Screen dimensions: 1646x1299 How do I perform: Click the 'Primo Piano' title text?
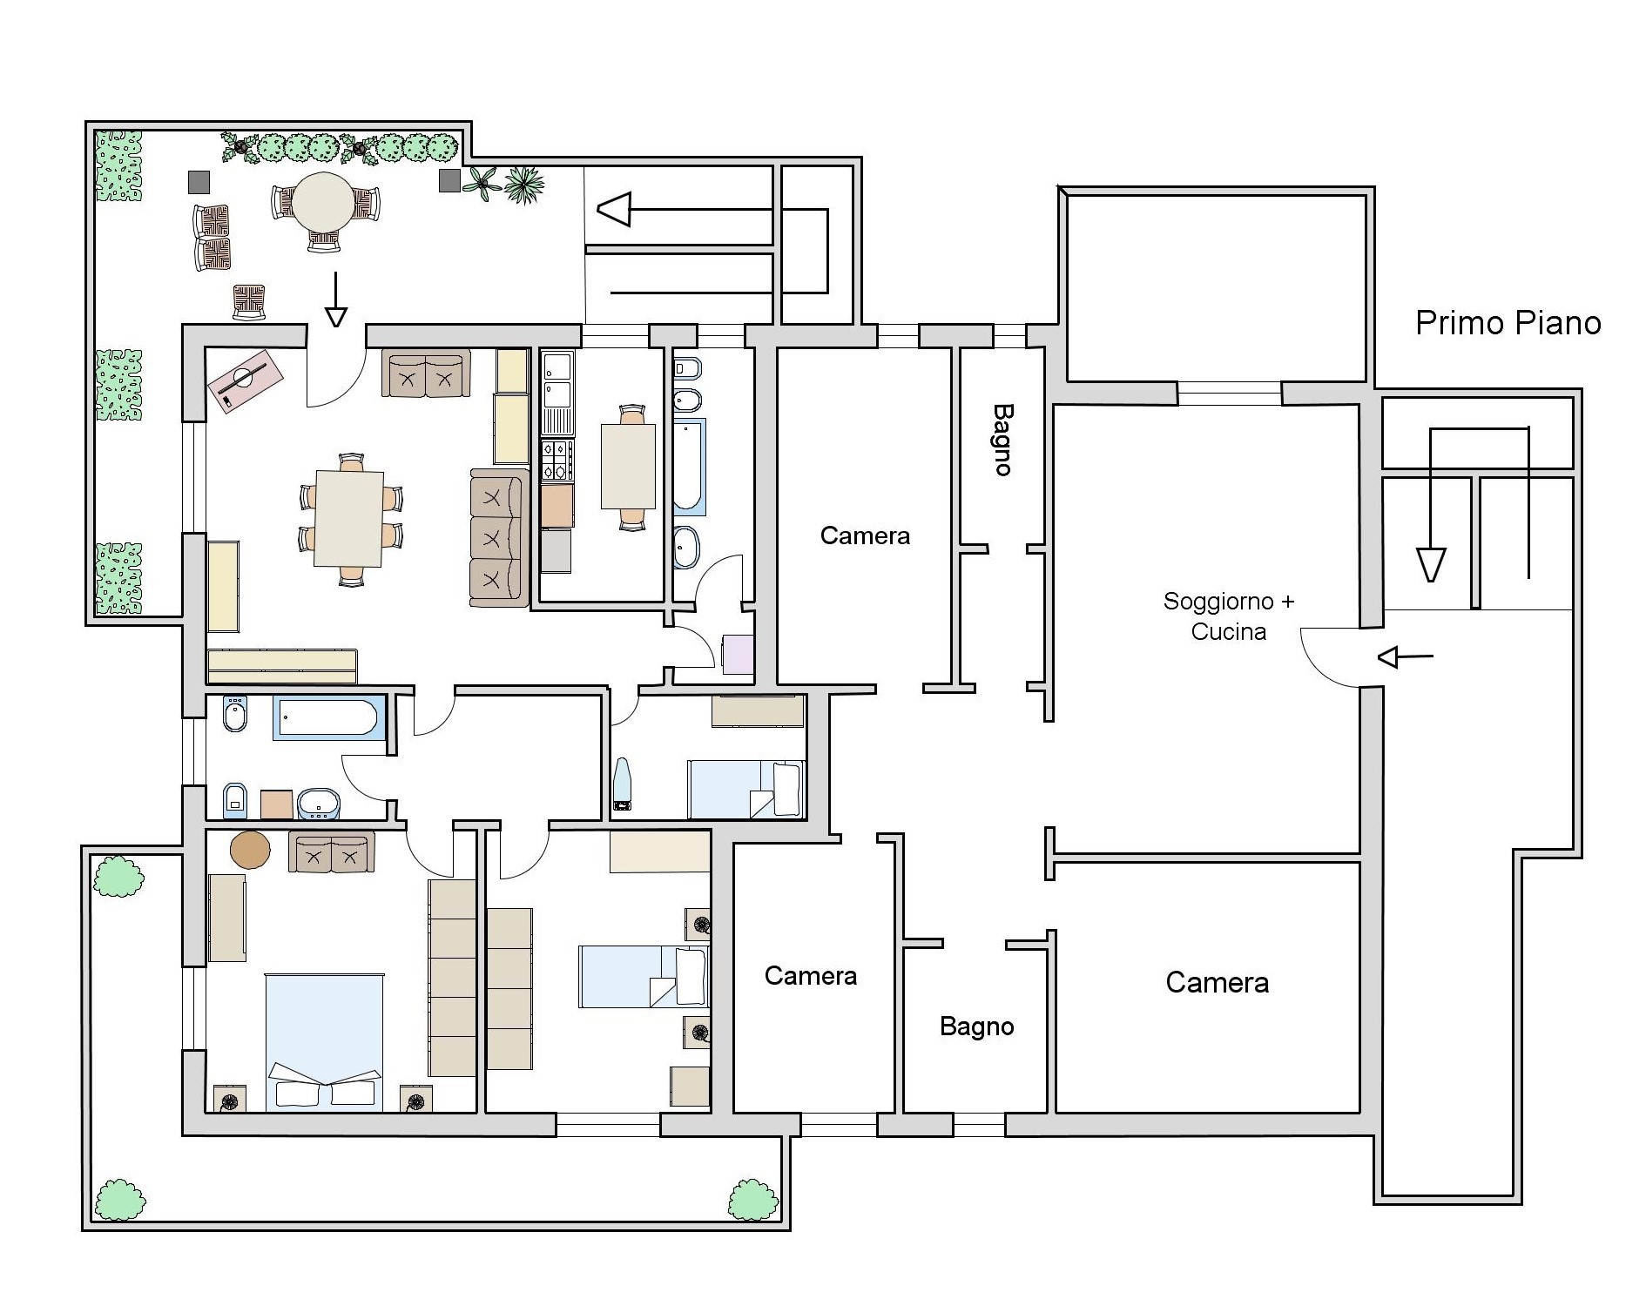pos(1508,323)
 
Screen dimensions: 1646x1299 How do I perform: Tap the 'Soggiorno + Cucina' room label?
pos(1229,616)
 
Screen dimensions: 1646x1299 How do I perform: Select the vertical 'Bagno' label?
pos(1003,439)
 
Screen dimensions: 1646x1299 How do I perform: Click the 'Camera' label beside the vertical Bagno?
pos(865,535)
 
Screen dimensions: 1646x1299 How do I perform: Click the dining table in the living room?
pos(349,518)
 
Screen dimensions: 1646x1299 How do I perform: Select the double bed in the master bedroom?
pos(324,1042)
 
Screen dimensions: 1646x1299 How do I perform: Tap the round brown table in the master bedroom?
pos(250,850)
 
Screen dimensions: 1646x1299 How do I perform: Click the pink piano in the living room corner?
pos(245,380)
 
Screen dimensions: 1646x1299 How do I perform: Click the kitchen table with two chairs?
pos(628,466)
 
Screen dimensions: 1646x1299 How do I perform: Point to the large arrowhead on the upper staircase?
pos(614,210)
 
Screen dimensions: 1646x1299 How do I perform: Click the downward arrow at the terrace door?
pos(335,299)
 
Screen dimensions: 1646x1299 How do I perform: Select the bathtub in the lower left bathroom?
pos(329,718)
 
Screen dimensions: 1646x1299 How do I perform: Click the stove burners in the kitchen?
pos(557,461)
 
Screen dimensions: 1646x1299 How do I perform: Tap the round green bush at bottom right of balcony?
pos(752,1200)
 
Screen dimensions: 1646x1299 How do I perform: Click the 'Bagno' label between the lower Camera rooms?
pos(977,1027)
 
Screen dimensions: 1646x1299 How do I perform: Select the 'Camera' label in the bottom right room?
pos(1217,983)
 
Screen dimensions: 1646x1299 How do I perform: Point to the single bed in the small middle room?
pos(745,789)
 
